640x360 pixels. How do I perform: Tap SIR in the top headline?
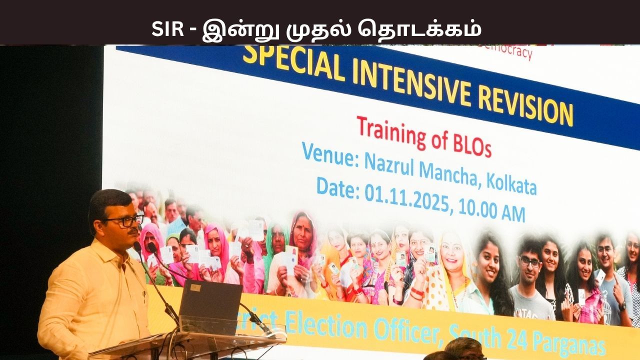point(167,29)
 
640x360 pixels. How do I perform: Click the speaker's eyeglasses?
point(125,220)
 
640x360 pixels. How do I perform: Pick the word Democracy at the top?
point(507,50)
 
